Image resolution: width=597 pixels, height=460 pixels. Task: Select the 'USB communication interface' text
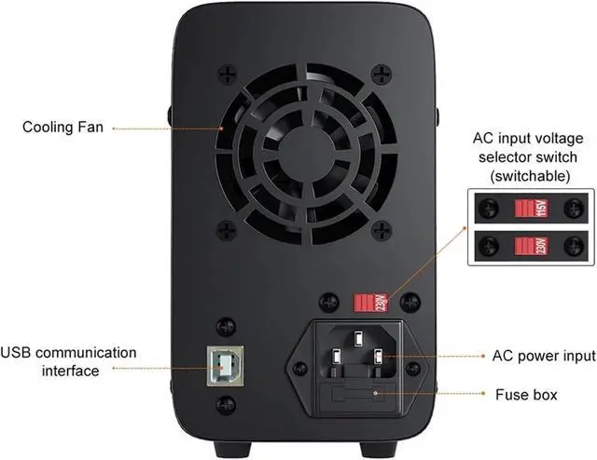point(68,361)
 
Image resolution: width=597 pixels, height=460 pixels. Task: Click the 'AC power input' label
point(543,356)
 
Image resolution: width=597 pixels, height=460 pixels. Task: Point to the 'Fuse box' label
point(527,395)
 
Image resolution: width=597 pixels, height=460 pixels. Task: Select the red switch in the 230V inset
point(530,246)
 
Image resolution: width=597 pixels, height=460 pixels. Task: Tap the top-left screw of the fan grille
point(225,72)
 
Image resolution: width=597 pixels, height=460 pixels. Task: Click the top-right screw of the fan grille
point(380,72)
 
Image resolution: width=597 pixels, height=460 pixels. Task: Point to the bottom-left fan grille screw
point(225,228)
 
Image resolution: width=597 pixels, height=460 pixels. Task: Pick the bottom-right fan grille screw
point(380,228)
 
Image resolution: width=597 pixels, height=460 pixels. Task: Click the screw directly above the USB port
point(224,327)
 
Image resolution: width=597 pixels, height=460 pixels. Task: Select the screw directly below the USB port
point(224,404)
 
